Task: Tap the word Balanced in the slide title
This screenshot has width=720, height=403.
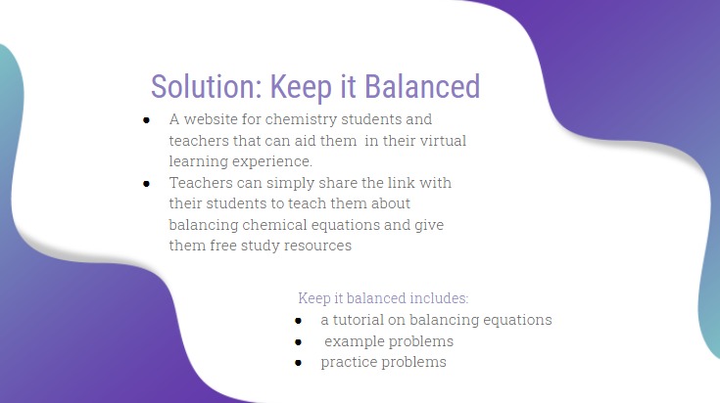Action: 422,86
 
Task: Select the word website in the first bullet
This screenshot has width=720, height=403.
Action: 214,120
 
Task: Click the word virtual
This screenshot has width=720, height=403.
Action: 439,141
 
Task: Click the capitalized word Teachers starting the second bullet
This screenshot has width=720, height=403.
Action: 201,183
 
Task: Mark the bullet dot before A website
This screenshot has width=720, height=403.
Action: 146,120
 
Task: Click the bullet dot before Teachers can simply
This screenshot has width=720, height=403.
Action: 146,183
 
